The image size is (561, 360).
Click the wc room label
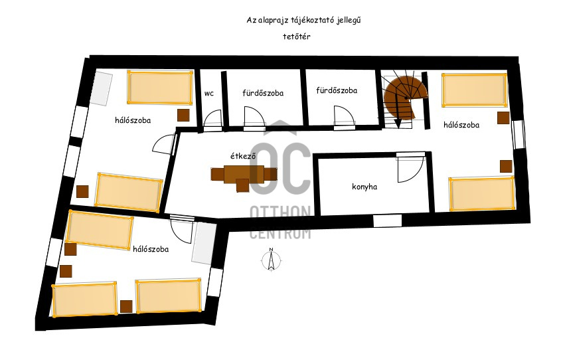209,94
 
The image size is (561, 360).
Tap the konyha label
364,187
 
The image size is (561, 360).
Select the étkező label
243,156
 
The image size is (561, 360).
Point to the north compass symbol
271,259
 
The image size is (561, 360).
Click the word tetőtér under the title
297,37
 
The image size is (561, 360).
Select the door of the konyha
411,167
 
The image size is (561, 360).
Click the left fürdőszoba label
263,93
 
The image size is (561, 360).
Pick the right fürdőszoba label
337,90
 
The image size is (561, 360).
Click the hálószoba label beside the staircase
461,125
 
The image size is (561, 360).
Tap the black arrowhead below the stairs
398,124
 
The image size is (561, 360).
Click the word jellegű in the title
349,21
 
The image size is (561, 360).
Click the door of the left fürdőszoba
254,117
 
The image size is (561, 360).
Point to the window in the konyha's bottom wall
388,221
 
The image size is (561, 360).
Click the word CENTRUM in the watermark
280,233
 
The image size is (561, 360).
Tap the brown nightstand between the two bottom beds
126,307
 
